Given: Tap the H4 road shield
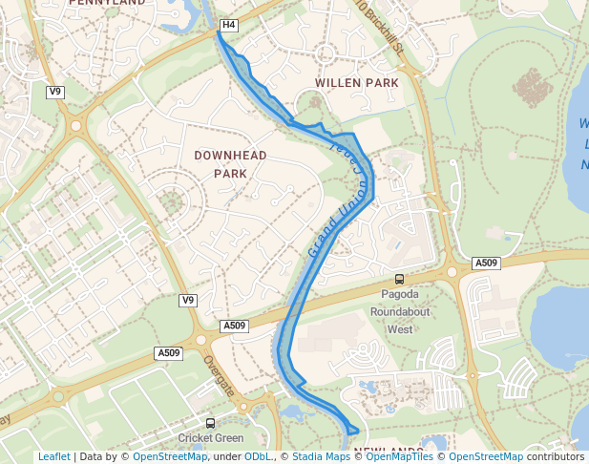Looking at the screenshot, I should [228, 25].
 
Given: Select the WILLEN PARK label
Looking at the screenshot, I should [357, 83].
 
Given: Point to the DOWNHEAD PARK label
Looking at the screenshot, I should [230, 164].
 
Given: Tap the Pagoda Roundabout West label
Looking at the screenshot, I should [399, 312].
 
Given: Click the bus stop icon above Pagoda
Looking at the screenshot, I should [399, 280].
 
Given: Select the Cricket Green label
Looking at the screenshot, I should [210, 438].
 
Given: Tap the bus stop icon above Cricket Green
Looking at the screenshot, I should [210, 422].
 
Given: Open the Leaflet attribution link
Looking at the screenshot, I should [53, 456].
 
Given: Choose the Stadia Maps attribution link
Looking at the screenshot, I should [321, 456].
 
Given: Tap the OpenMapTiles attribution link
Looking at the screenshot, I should [400, 456].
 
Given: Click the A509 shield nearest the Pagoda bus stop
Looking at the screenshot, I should [486, 263].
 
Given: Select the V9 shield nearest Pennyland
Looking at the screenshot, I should [55, 92].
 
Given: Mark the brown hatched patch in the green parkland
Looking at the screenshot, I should [532, 88].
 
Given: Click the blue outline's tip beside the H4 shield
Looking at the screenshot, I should [219, 32].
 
